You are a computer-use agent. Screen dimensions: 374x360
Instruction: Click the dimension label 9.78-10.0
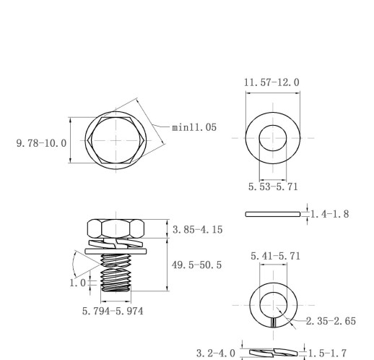(41, 143)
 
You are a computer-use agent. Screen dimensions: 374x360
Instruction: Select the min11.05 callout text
(194, 127)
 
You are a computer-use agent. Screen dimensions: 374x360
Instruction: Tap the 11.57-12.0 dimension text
(271, 82)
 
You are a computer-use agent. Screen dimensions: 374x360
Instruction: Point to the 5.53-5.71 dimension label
(273, 187)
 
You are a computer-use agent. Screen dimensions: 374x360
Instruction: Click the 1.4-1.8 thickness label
(330, 214)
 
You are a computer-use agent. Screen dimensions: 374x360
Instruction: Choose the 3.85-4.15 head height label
(198, 230)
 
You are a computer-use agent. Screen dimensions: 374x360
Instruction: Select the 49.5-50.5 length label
(196, 265)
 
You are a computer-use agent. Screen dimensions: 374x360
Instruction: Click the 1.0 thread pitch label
(77, 283)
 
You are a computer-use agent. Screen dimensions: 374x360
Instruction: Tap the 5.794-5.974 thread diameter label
(113, 311)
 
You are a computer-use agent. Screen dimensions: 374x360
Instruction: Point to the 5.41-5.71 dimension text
(276, 256)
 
